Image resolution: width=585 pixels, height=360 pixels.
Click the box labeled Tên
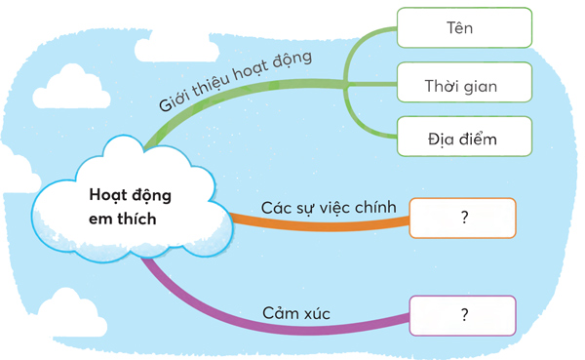[x=464, y=27]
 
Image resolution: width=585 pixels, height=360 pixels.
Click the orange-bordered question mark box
[x=462, y=219]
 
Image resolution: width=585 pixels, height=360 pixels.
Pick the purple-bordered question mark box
[x=462, y=315]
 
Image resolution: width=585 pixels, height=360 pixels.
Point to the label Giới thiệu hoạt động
[x=234, y=80]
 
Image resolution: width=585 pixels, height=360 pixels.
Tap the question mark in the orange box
[x=465, y=219]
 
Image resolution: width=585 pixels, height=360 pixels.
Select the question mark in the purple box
[x=465, y=315]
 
